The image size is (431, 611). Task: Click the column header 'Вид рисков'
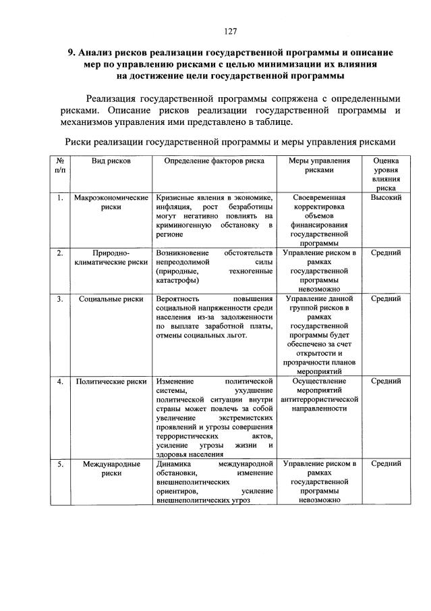point(111,161)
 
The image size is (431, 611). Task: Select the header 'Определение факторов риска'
point(213,161)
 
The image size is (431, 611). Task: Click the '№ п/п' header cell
point(60,166)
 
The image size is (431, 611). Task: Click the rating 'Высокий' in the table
point(386,198)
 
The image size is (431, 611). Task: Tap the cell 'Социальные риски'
point(111,298)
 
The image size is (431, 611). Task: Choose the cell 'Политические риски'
point(111,381)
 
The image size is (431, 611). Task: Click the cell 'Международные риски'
point(111,469)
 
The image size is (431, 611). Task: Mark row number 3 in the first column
point(60,298)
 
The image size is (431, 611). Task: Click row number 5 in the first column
point(60,464)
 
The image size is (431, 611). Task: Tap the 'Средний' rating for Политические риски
point(386,381)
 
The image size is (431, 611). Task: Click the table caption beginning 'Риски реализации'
point(229,142)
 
